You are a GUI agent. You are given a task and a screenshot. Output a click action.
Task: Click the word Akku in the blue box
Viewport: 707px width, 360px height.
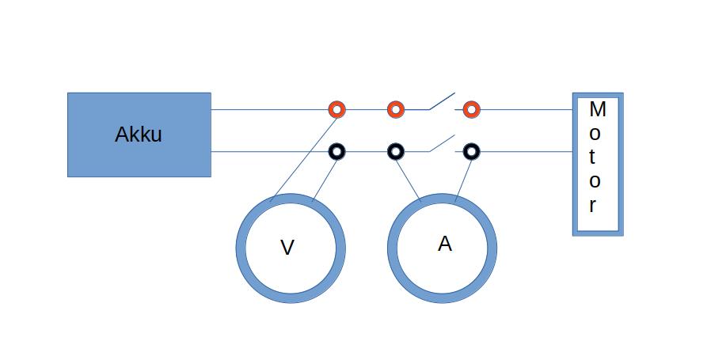coord(139,135)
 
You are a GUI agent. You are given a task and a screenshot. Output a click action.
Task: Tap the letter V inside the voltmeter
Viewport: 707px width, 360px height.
coord(287,248)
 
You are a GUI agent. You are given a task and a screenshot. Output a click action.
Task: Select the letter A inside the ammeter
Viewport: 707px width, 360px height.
coord(445,244)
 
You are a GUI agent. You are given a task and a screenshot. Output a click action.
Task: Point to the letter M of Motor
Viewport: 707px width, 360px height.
coord(598,108)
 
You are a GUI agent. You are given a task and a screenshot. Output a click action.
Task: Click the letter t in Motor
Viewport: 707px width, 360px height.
coord(595,157)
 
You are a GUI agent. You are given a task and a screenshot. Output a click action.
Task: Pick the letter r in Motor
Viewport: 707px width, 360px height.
coord(593,206)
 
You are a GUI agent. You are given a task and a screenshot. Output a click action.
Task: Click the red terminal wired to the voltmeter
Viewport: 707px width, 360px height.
coord(337,109)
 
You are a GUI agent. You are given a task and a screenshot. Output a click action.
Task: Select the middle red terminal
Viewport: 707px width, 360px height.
coord(395,109)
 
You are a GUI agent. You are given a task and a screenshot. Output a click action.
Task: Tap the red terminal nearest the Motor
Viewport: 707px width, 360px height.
coord(471,109)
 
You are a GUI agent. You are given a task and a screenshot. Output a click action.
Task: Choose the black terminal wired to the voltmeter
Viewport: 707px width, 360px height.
coord(337,150)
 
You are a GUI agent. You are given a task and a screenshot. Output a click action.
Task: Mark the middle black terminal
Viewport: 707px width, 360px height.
coord(395,150)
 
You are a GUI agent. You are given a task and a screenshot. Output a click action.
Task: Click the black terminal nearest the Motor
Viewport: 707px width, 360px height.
coord(471,150)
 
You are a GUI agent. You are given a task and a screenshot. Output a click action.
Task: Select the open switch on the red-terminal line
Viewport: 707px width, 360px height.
coord(442,102)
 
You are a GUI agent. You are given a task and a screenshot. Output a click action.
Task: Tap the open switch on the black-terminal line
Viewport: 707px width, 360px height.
coord(442,143)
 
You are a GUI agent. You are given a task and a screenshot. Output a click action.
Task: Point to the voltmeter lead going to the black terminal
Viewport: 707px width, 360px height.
coord(325,176)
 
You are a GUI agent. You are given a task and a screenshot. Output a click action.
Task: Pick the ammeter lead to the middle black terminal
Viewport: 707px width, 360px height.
coord(407,175)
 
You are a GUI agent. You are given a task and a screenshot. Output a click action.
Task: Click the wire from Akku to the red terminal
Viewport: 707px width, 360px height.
coord(269,109)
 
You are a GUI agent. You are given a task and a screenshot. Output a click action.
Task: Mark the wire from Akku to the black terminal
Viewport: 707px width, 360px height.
coord(269,150)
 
